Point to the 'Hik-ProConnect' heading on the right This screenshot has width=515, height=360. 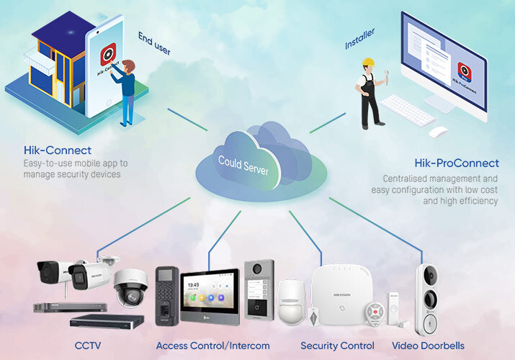(x=456, y=163)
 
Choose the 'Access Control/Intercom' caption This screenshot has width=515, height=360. (x=212, y=346)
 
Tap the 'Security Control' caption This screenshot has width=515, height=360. (x=337, y=346)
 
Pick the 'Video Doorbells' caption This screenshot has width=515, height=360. (x=428, y=346)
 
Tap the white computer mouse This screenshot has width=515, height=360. (x=437, y=132)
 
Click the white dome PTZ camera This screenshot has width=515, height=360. (x=130, y=287)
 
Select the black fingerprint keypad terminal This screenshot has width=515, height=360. (x=166, y=295)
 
